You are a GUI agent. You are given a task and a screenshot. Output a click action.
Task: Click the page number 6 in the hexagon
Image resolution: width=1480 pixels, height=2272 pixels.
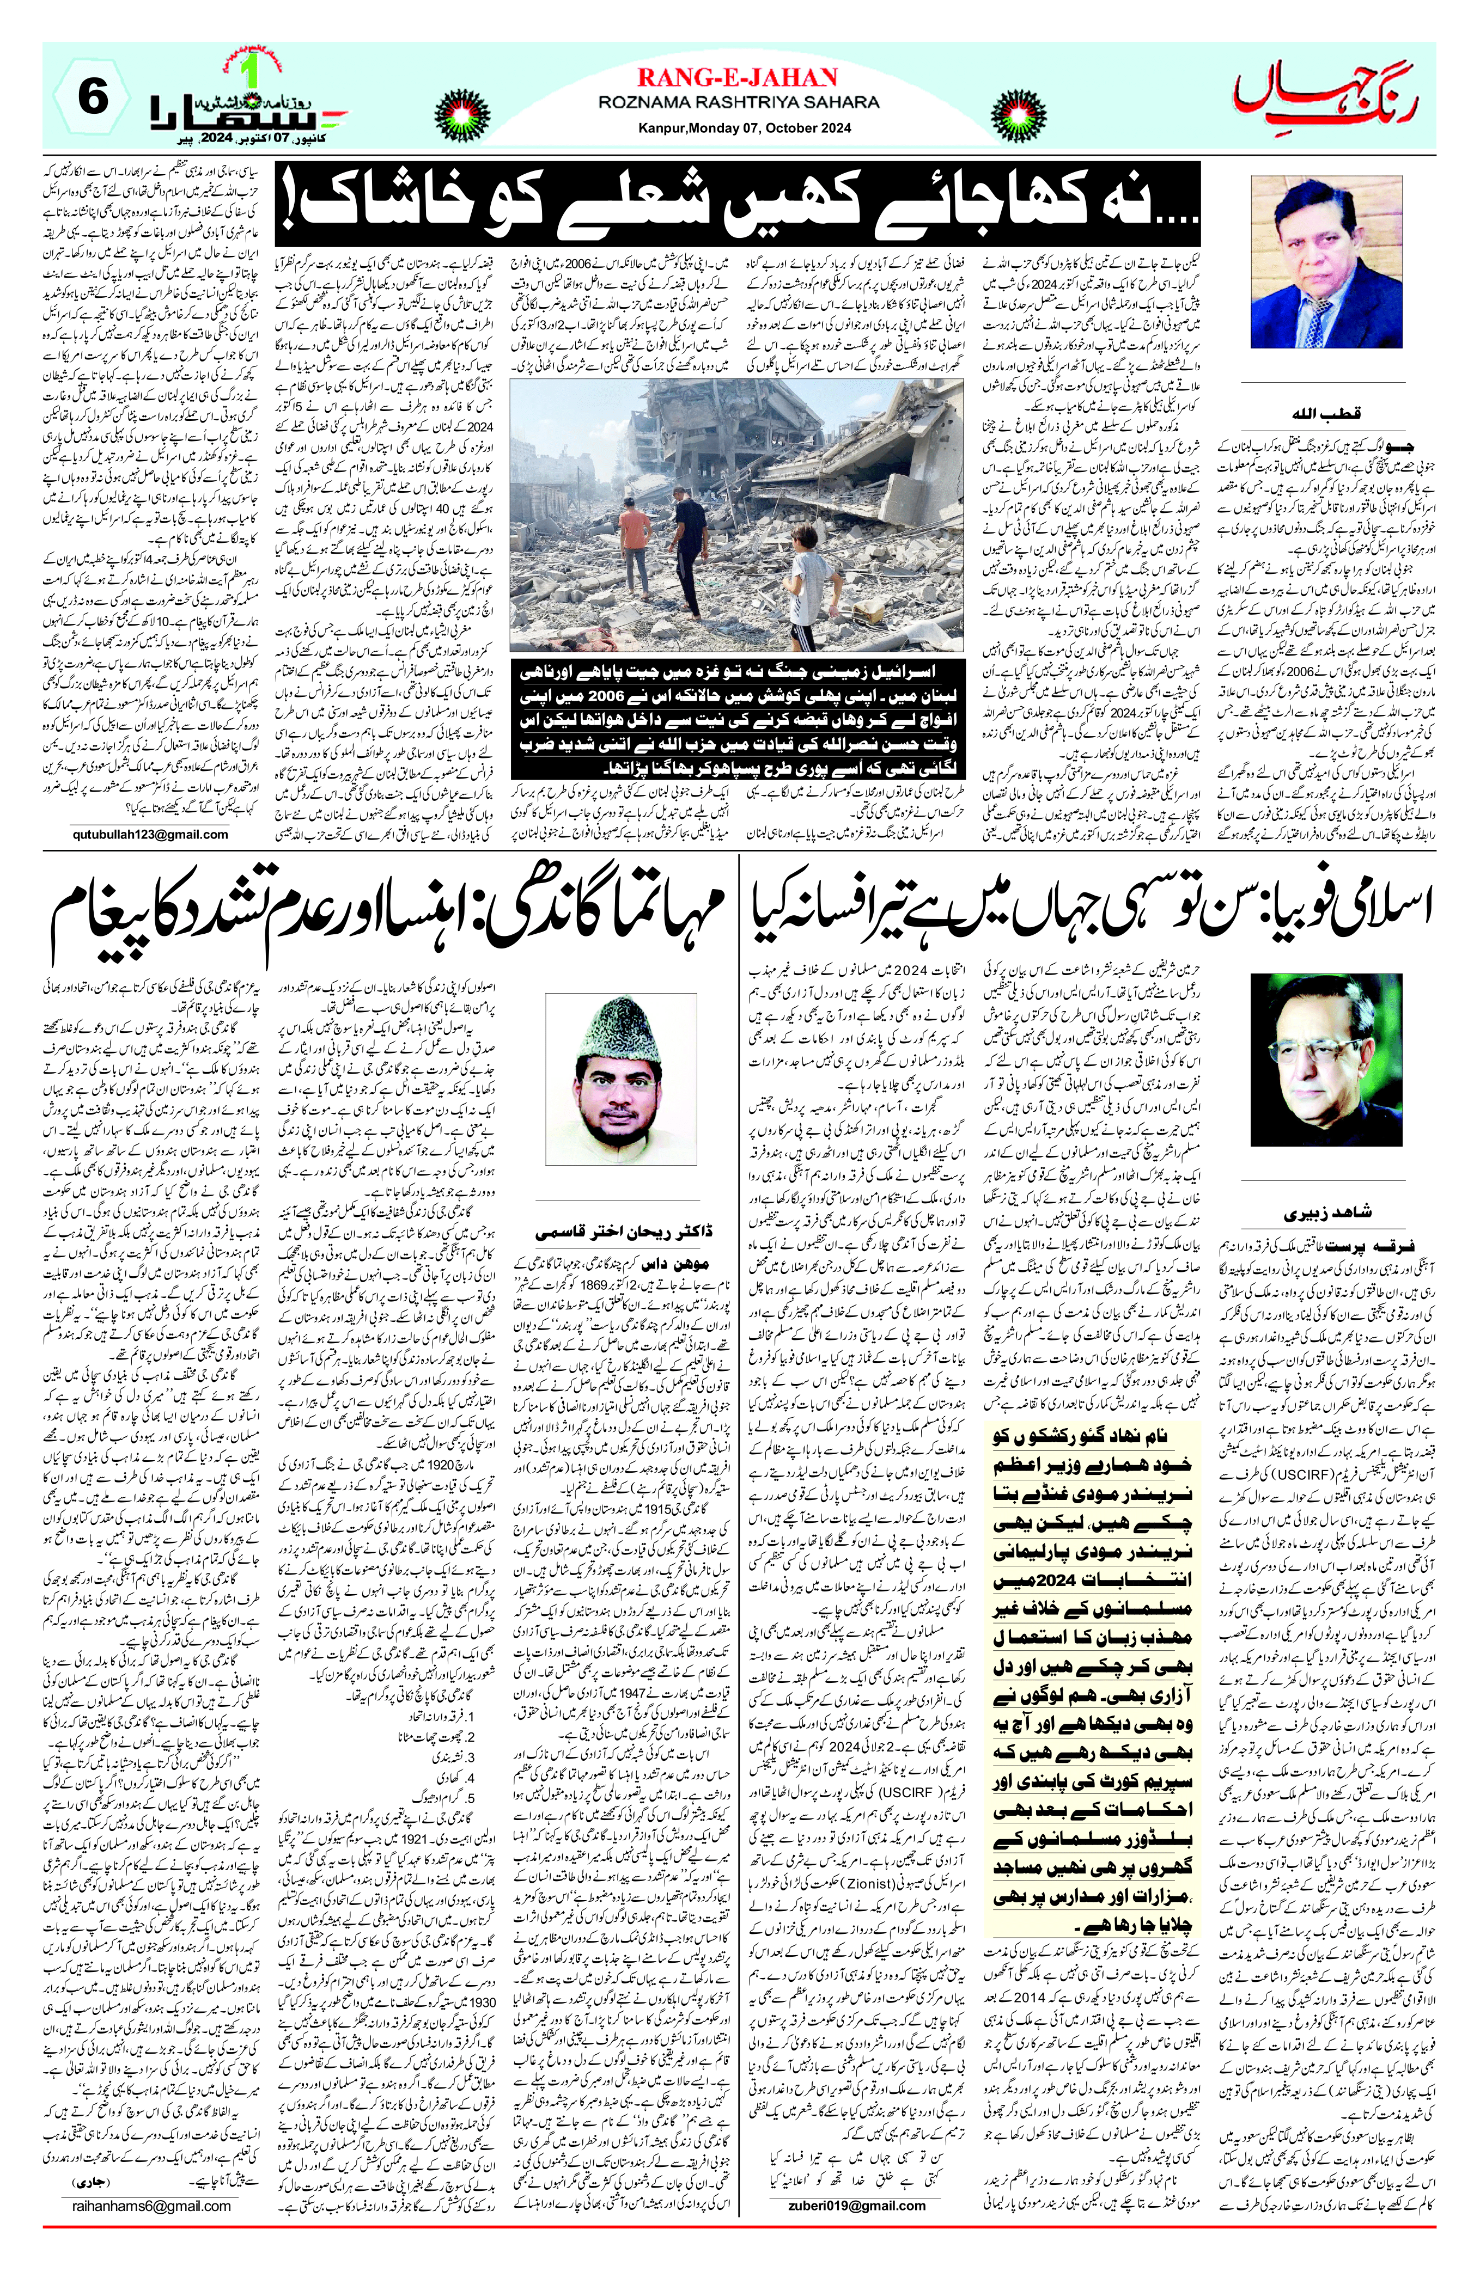click(93, 99)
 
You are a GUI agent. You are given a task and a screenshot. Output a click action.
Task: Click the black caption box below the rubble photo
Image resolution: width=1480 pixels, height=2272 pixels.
click(737, 719)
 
